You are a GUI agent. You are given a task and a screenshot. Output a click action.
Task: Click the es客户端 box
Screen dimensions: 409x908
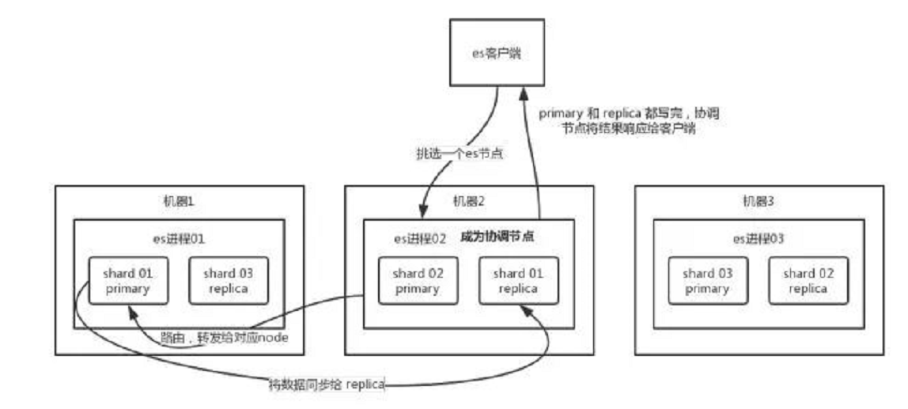497,52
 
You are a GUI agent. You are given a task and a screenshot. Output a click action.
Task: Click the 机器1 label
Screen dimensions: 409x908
178,202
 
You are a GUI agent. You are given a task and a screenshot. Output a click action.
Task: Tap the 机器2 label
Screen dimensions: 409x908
468,202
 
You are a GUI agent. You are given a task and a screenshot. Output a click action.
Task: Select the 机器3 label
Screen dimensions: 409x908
759,202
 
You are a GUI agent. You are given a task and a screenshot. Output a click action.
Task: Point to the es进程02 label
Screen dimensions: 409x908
421,238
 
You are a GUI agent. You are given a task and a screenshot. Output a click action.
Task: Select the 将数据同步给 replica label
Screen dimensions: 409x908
327,384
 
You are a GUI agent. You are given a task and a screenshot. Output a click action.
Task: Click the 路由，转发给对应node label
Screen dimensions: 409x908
224,337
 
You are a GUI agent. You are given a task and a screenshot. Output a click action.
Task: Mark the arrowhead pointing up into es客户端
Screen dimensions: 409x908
522,93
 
